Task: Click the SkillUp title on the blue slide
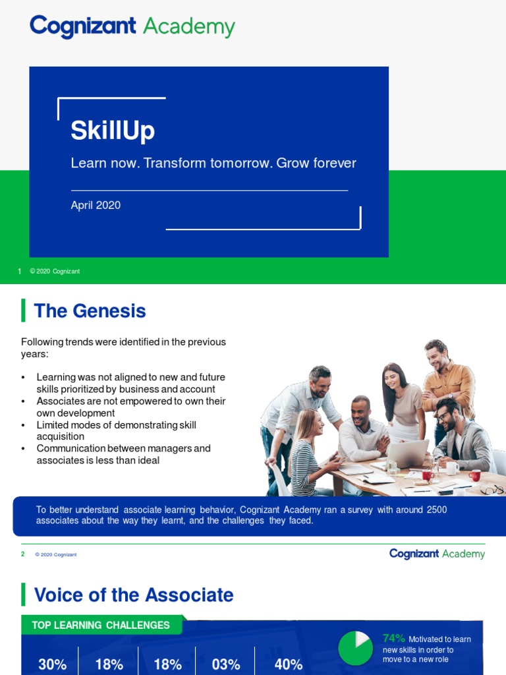pos(113,131)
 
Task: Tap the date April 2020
pos(96,205)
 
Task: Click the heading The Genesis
pos(90,310)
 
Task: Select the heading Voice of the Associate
pos(134,595)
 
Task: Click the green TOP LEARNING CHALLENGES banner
pos(101,625)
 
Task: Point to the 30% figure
pos(52,664)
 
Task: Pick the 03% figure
pos(225,664)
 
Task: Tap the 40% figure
pos(288,664)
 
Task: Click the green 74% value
pos(393,638)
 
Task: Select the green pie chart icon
pos(356,648)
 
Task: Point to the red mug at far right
pos(474,475)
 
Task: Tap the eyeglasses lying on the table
pos(492,489)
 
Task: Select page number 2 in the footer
pos(23,554)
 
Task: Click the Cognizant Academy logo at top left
pos(132,27)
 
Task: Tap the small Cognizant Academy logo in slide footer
pos(437,554)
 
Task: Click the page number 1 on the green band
pos(20,272)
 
